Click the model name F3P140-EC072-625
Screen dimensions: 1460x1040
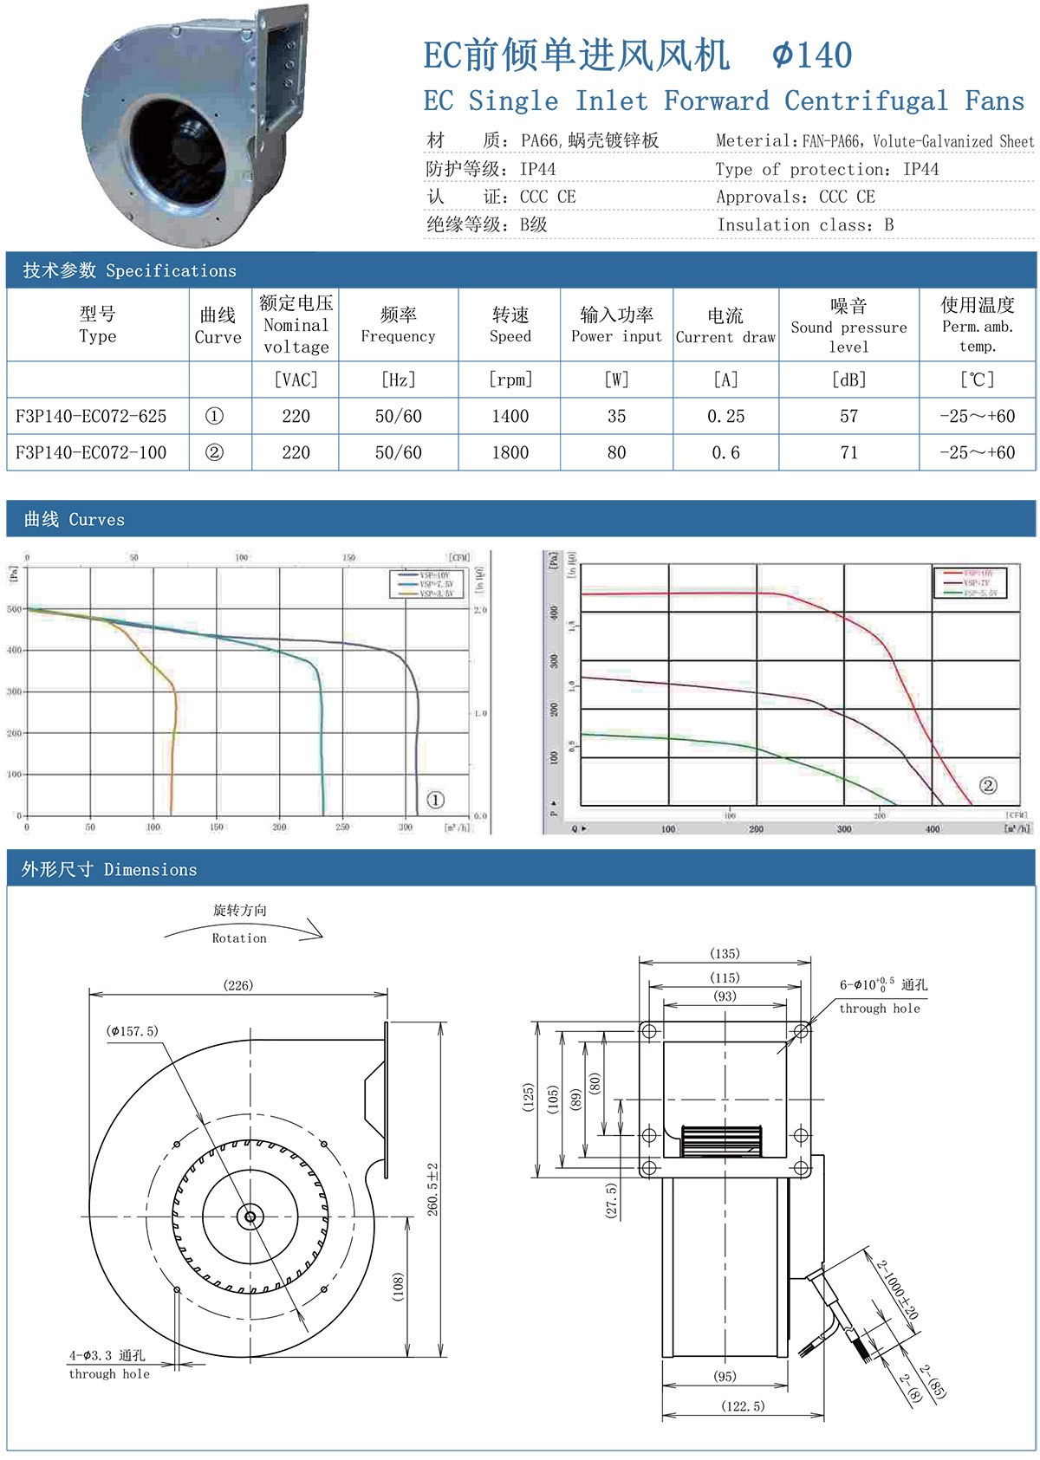[91, 416]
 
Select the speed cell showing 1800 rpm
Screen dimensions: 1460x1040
[510, 452]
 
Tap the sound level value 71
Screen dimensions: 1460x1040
[848, 452]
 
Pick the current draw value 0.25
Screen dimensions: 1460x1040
[725, 416]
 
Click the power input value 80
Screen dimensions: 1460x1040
[616, 452]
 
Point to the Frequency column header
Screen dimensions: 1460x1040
[398, 325]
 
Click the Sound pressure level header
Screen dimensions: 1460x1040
[848, 326]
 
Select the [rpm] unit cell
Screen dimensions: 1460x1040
[510, 380]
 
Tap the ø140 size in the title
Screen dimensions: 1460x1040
[812, 55]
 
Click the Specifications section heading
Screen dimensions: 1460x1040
[130, 270]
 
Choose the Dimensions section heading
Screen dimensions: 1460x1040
[109, 869]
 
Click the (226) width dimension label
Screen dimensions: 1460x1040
[238, 985]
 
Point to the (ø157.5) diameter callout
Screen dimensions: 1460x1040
[133, 1031]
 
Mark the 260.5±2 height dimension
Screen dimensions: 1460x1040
[432, 1189]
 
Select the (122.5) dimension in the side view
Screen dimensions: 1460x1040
[743, 1406]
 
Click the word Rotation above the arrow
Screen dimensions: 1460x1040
[239, 938]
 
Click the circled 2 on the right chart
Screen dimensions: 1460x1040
[988, 786]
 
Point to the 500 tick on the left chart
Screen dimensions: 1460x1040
[15, 609]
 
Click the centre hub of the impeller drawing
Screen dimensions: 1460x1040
[250, 1217]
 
